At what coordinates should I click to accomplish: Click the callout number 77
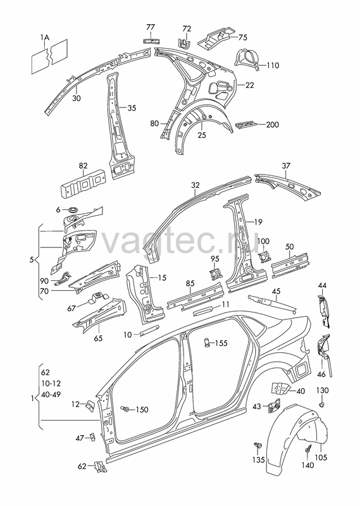tap(151, 27)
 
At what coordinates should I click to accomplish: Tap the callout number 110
tap(273, 66)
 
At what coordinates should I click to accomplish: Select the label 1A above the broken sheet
tap(45, 38)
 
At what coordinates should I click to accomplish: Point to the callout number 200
tap(272, 125)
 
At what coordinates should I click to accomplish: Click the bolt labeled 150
tap(125, 409)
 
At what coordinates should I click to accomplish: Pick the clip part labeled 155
tap(208, 342)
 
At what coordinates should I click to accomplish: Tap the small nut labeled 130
tap(321, 404)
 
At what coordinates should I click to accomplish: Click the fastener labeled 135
tap(258, 447)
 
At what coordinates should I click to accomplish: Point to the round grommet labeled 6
tap(73, 210)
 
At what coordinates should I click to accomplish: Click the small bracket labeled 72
tap(183, 42)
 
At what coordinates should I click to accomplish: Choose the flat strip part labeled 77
tap(151, 40)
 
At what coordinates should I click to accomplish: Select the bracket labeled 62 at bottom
tap(99, 466)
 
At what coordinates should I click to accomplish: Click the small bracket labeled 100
tap(264, 257)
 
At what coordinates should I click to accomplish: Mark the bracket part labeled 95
tap(215, 274)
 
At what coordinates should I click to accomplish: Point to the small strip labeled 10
tap(149, 330)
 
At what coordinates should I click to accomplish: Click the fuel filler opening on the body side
tap(301, 369)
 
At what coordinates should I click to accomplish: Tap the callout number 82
tap(83, 166)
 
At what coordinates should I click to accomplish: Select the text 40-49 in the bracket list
tap(51, 394)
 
